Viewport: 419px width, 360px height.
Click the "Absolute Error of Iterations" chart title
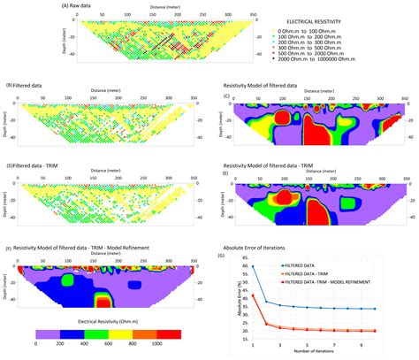point(282,249)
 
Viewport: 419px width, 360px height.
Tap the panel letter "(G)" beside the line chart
point(230,257)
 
